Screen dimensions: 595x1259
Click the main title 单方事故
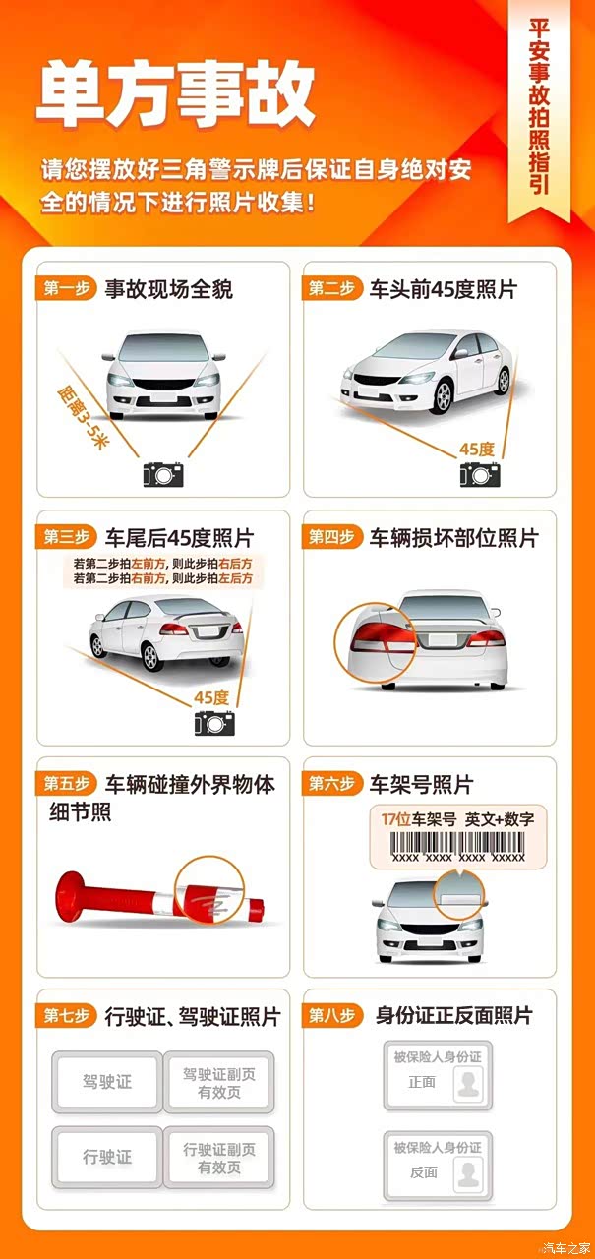[176, 93]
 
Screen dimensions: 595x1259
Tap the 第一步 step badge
[66, 289]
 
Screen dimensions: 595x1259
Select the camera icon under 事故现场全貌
[163, 474]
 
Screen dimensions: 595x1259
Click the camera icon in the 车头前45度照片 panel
[480, 474]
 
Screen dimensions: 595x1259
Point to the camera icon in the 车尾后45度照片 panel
[214, 723]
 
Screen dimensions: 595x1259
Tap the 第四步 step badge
[331, 537]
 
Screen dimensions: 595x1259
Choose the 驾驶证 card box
[107, 1082]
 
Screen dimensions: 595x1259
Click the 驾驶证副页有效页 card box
[219, 1082]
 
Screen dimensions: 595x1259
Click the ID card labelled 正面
[439, 1075]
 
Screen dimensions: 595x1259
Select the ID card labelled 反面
[439, 1166]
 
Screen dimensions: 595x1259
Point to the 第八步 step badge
[331, 1016]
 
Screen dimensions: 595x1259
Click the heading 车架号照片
[421, 785]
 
